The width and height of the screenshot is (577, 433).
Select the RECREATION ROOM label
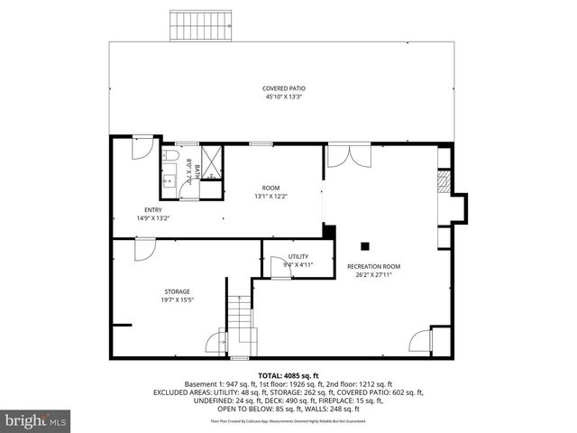tap(373, 266)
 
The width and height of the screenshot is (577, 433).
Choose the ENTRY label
tap(152, 210)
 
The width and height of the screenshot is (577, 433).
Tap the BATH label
tap(196, 169)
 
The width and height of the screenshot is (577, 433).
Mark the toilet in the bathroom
tap(170, 156)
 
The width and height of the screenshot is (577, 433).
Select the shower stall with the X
tap(211, 161)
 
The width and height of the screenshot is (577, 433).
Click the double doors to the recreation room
tap(348, 155)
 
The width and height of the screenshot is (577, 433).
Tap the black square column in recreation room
tap(365, 245)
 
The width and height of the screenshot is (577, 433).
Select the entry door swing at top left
tap(142, 149)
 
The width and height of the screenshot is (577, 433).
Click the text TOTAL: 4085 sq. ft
tap(288, 375)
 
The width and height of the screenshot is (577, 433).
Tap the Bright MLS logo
tap(36, 420)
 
